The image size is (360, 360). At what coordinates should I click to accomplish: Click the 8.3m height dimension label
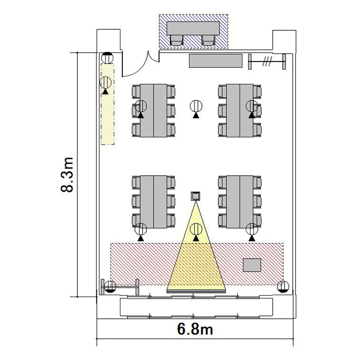(67, 175)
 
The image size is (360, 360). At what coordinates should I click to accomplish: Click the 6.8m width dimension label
(195, 329)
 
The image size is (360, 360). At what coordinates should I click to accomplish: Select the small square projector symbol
(195, 196)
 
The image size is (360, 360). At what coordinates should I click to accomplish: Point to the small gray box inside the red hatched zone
(252, 265)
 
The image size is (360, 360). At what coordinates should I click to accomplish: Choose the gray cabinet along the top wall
(216, 60)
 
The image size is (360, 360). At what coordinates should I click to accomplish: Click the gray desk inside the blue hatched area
(193, 28)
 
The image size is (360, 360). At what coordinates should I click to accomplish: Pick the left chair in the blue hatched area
(177, 40)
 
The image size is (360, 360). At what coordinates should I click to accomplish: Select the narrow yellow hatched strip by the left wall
(108, 104)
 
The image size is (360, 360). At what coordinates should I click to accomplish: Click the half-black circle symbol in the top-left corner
(108, 58)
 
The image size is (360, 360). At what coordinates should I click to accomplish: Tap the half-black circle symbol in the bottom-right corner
(283, 286)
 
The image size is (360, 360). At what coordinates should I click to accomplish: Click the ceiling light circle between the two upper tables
(196, 106)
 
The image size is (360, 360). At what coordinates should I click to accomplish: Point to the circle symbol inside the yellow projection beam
(196, 229)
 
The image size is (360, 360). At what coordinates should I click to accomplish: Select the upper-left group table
(154, 111)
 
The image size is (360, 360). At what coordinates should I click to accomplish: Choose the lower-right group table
(240, 202)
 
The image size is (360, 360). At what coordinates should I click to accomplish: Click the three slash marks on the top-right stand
(267, 61)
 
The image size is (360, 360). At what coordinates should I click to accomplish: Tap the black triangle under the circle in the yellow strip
(106, 92)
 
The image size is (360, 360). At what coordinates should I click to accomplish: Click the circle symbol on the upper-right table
(252, 106)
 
